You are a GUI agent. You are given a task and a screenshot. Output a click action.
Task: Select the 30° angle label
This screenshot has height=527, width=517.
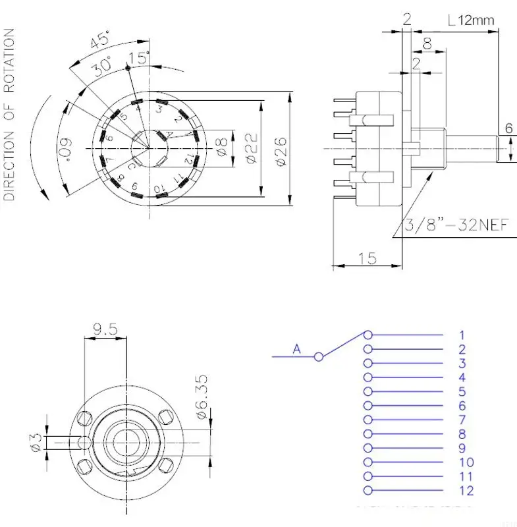click(101, 67)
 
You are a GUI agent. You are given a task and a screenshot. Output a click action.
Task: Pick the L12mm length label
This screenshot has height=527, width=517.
click(470, 20)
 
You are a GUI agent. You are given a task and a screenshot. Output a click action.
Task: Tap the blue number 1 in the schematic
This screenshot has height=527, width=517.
click(462, 335)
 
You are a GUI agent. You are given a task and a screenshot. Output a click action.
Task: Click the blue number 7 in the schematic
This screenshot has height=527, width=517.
click(462, 420)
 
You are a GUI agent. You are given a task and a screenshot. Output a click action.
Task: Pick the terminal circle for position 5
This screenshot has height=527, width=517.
click(368, 391)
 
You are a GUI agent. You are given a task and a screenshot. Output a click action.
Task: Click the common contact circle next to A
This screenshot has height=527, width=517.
click(319, 356)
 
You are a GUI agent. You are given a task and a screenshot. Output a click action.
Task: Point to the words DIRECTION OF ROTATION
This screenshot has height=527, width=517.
click(10, 114)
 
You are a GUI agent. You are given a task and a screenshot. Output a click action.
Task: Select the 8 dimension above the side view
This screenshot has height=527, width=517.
click(427, 45)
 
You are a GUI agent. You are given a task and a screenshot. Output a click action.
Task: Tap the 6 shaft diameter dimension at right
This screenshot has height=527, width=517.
click(508, 129)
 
